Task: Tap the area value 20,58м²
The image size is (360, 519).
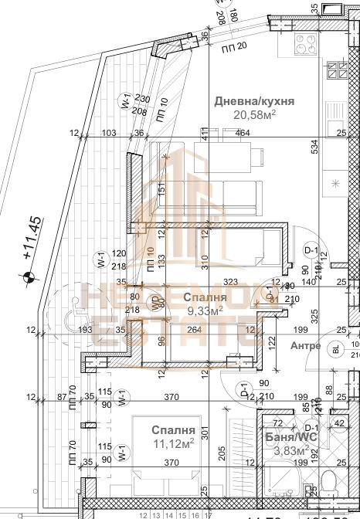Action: (252, 115)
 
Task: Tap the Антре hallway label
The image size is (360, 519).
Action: (305, 345)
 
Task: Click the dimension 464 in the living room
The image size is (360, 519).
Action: (243, 134)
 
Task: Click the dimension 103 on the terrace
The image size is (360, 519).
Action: (109, 134)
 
